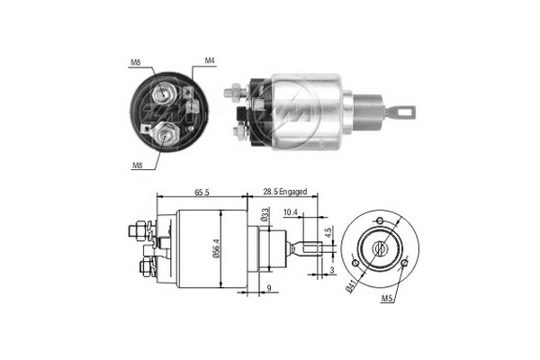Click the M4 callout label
[209, 61]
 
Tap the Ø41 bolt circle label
[349, 288]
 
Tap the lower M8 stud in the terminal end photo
[164, 135]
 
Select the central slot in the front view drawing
[381, 247]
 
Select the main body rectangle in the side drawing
[211, 249]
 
